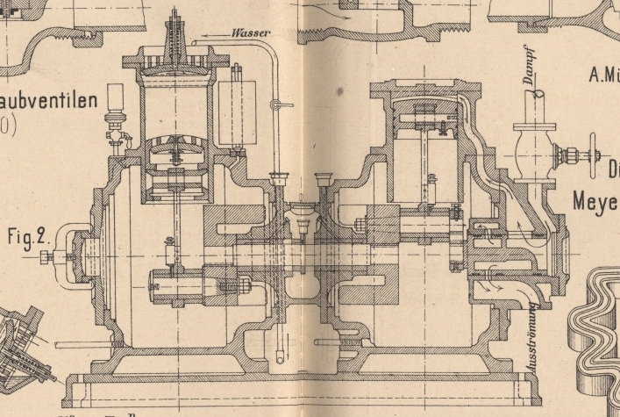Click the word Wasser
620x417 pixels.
[251, 32]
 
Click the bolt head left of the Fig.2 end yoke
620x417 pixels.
[45, 256]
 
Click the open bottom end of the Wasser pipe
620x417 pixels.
[280, 357]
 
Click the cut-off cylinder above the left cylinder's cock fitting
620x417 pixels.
[116, 97]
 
